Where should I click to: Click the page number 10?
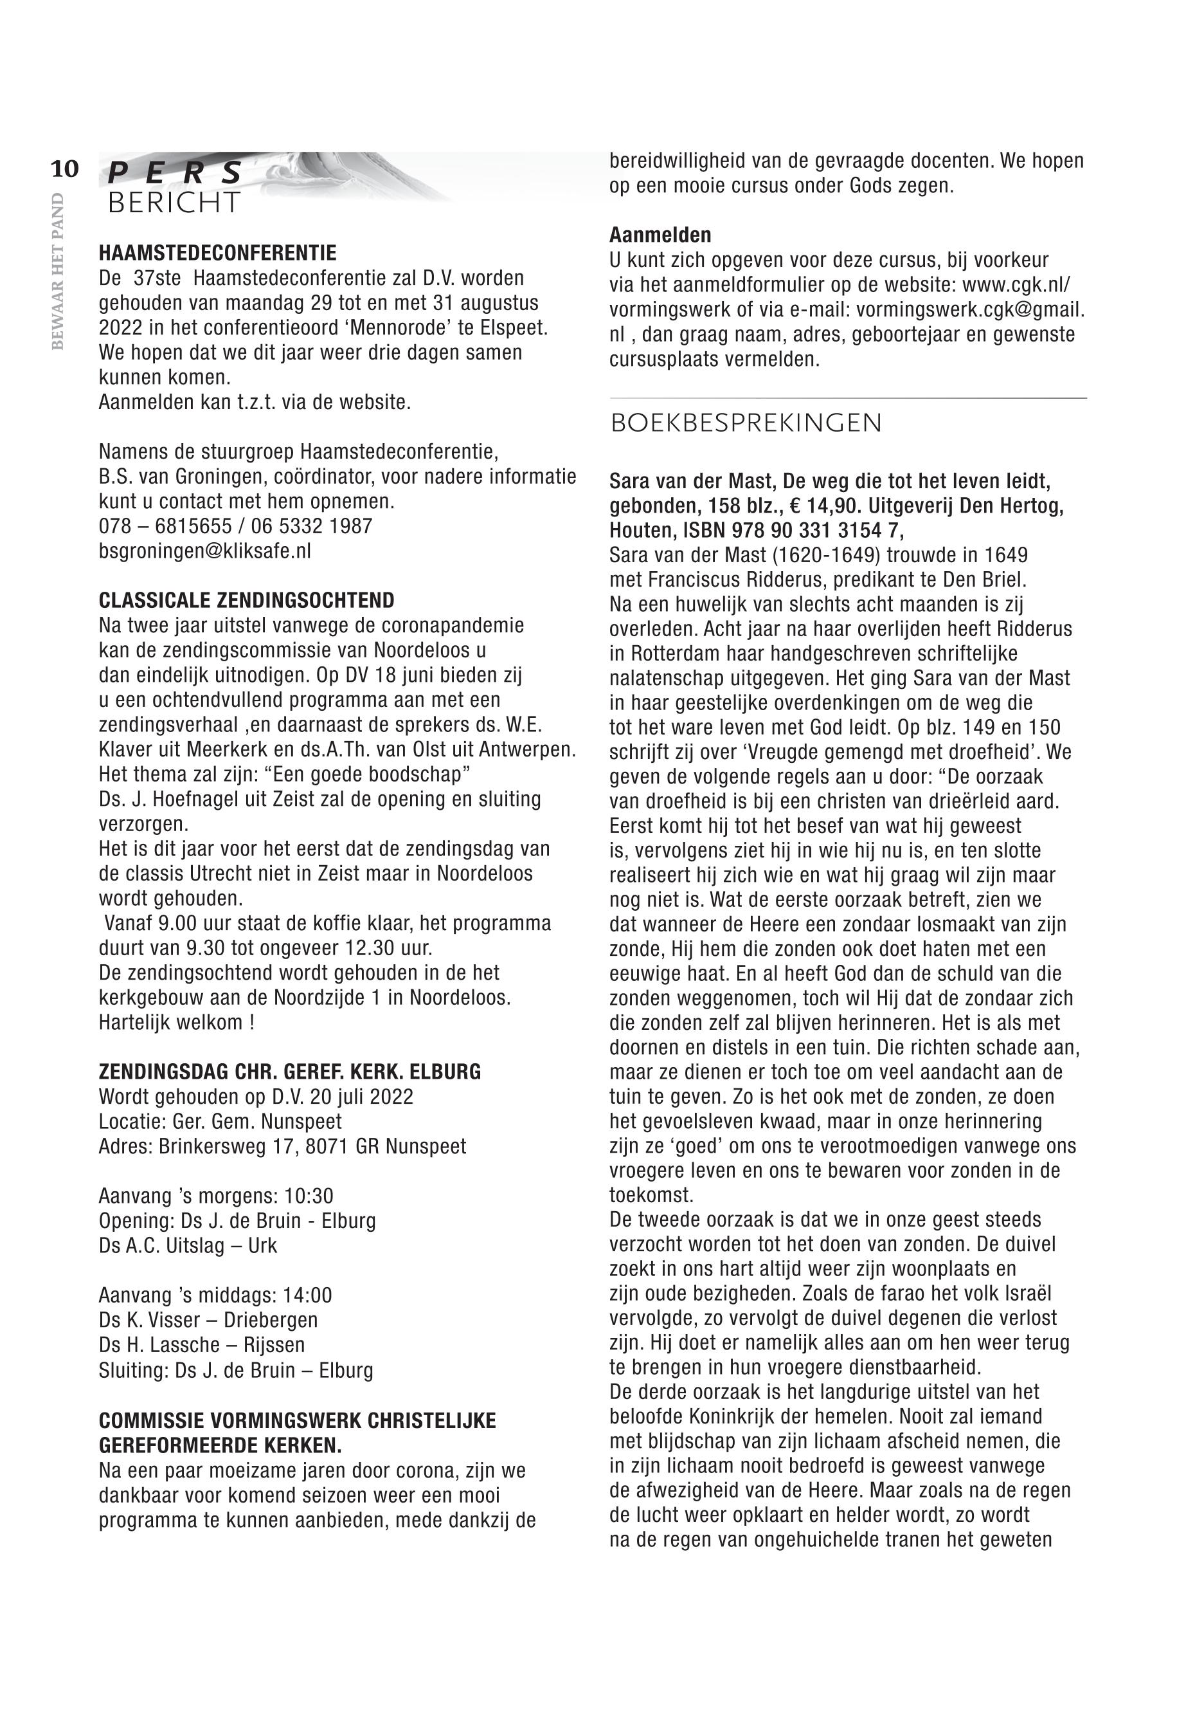[65, 170]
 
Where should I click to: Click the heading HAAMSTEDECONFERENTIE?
[217, 253]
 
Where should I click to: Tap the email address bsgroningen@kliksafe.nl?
[205, 551]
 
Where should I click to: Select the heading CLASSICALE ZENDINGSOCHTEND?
[247, 600]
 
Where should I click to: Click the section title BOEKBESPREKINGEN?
[746, 423]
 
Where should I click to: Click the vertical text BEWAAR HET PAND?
[57, 271]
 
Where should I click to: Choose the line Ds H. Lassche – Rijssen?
[202, 1344]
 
